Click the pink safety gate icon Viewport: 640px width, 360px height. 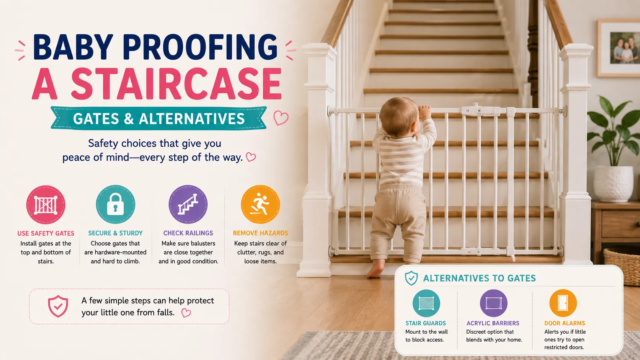[46, 205]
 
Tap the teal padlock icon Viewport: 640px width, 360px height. [115, 204]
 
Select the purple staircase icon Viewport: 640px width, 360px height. [188, 204]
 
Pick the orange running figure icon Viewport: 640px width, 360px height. [260, 204]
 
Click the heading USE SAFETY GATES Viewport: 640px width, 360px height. [46, 233]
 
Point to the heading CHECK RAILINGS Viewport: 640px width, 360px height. [188, 233]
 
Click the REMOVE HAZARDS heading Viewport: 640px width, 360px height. [260, 233]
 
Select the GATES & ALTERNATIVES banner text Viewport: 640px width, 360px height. [159, 119]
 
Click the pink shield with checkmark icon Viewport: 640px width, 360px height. [58, 306]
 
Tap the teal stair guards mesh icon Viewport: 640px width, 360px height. [426, 303]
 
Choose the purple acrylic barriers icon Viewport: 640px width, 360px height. [493, 303]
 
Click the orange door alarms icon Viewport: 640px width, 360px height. [563, 303]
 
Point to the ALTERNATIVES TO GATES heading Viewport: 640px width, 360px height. [480, 279]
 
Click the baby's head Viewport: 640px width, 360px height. [400, 116]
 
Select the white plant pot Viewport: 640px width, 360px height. [614, 184]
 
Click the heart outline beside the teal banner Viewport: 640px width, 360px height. [281, 118]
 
